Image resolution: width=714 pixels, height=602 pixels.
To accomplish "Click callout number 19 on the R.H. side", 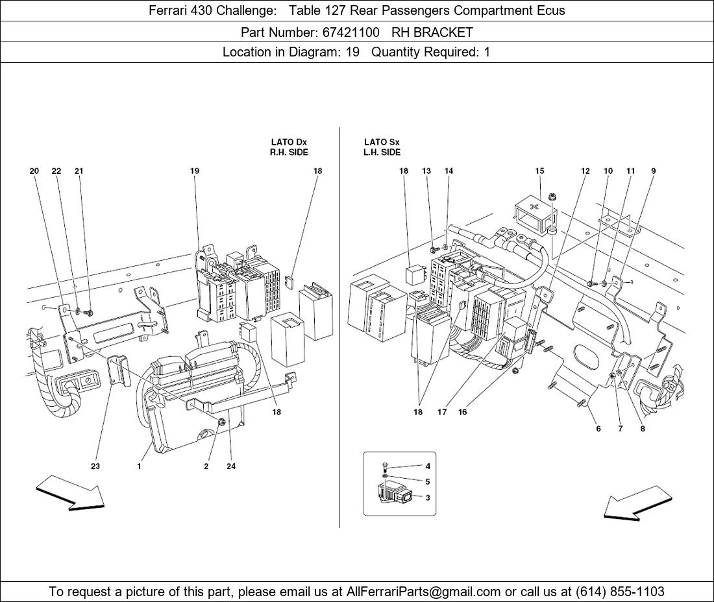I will click(194, 171).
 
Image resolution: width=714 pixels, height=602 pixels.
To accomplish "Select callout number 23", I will click(95, 466).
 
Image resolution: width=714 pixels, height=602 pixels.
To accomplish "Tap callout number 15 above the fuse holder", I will click(539, 171).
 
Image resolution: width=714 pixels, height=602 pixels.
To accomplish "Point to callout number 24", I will click(231, 466).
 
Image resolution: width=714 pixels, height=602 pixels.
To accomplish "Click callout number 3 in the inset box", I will click(428, 498).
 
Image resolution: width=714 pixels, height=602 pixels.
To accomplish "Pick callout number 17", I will click(442, 412).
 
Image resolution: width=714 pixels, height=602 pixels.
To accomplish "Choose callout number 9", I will click(653, 171).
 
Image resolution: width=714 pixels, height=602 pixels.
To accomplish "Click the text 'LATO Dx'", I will click(289, 142).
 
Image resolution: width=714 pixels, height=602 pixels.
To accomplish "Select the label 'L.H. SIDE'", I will click(382, 152).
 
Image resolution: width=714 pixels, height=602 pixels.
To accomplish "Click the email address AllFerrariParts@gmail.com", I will click(424, 592).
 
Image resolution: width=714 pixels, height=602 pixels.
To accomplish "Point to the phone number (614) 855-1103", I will click(619, 592).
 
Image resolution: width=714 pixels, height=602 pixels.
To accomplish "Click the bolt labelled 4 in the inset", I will click(385, 466).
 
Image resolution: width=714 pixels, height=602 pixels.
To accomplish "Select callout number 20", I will click(34, 171).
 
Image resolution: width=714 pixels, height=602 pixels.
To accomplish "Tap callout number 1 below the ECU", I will click(139, 466).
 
